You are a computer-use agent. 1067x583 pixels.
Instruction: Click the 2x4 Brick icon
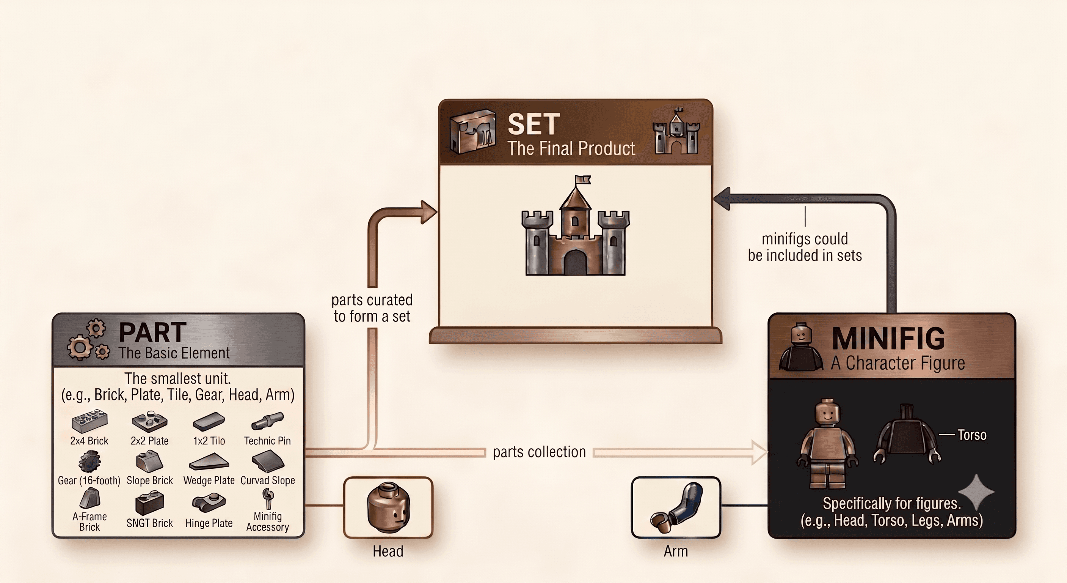(89, 422)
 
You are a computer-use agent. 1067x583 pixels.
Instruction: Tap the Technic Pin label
(267, 441)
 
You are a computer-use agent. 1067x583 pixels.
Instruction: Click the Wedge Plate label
(209, 480)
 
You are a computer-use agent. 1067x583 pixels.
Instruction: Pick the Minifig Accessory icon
(268, 498)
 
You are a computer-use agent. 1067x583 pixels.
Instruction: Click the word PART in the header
(152, 332)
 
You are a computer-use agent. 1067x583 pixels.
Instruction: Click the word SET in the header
(533, 124)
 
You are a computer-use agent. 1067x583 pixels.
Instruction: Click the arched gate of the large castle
(575, 263)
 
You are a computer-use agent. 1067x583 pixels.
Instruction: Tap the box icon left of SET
(472, 131)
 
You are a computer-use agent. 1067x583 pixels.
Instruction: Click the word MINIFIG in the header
(888, 339)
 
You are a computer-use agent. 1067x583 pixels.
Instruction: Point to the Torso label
(972, 435)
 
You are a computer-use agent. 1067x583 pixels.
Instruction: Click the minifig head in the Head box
(389, 507)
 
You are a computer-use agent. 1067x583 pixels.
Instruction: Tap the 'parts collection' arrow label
(539, 452)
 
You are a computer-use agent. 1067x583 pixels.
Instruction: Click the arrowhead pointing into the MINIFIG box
(759, 452)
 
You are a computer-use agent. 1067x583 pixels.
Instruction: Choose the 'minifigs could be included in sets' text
(805, 247)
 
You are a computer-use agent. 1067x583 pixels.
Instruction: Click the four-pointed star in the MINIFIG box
(976, 492)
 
